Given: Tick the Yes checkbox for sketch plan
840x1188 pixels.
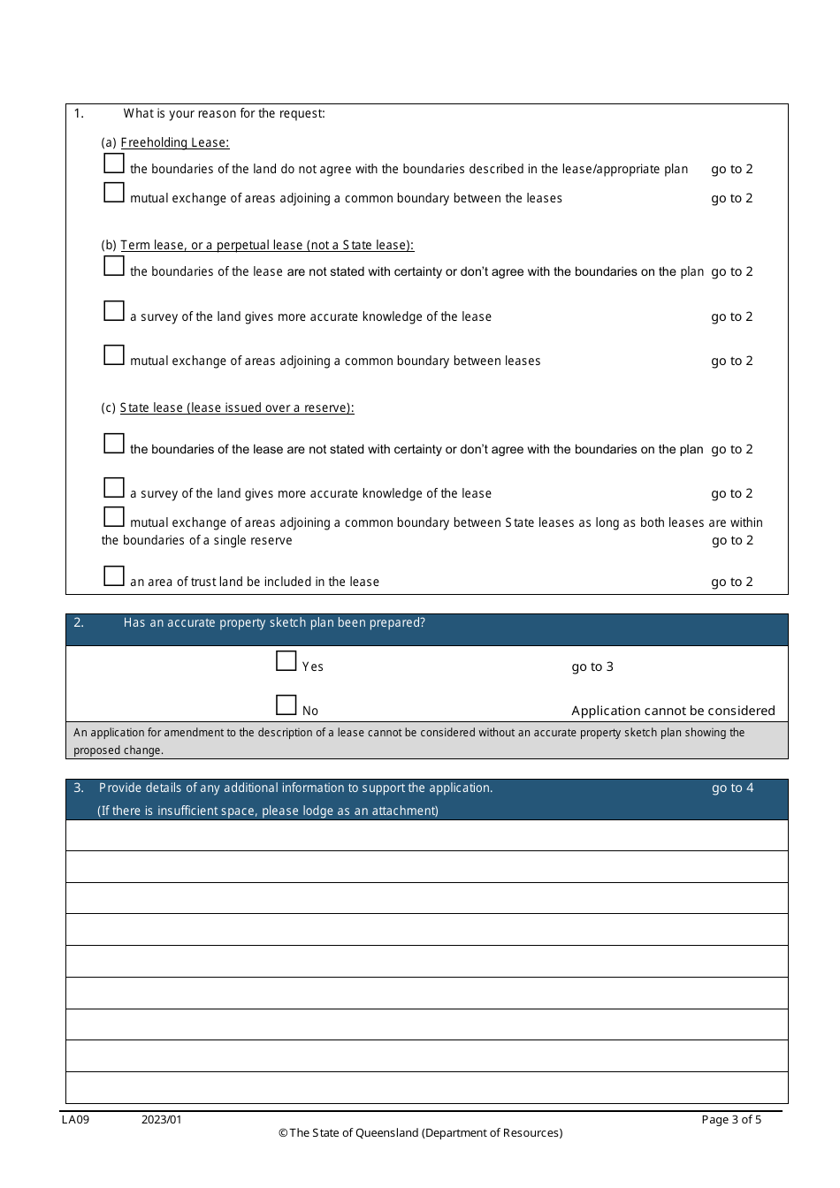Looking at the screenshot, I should pyautogui.click(x=286, y=661).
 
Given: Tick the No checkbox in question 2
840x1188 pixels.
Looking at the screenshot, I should pyautogui.click(x=286, y=705).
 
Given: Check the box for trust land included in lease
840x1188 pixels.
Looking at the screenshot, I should pyautogui.click(x=114, y=576).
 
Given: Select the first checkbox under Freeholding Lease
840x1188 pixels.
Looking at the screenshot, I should pyautogui.click(x=114, y=164).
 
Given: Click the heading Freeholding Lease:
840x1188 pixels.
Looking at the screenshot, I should pyautogui.click(x=174, y=142).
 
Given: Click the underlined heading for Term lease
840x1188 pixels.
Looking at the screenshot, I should pyautogui.click(x=266, y=245).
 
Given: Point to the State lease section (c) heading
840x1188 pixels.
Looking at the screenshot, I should pyautogui.click(x=236, y=407).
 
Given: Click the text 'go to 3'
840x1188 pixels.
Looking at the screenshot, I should pyautogui.click(x=592, y=666).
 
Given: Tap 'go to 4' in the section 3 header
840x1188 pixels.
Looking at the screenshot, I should pyautogui.click(x=732, y=788).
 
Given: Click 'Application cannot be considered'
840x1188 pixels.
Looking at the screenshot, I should pyautogui.click(x=672, y=711).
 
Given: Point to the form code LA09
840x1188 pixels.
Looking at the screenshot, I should pyautogui.click(x=75, y=1119).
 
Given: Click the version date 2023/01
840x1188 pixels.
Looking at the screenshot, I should pyautogui.click(x=161, y=1119).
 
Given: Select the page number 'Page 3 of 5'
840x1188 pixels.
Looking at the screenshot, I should pyautogui.click(x=730, y=1119).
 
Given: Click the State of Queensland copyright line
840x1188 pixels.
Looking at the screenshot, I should pyautogui.click(x=420, y=1132).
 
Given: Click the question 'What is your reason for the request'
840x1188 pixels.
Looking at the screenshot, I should pyautogui.click(x=224, y=113).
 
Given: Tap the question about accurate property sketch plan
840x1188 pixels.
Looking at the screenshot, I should pyautogui.click(x=274, y=622).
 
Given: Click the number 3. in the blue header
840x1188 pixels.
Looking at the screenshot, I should pyautogui.click(x=79, y=788).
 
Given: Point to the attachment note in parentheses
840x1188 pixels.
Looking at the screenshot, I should pyautogui.click(x=268, y=811).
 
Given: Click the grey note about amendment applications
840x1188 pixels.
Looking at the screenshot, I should pyautogui.click(x=409, y=741).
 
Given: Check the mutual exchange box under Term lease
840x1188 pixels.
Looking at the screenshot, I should pyautogui.click(x=114, y=355).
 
